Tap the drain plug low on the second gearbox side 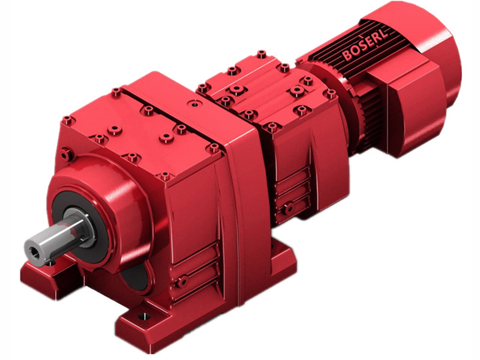[x=289, y=208]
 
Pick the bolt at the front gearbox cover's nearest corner [x=166, y=176]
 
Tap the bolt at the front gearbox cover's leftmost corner [x=68, y=120]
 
